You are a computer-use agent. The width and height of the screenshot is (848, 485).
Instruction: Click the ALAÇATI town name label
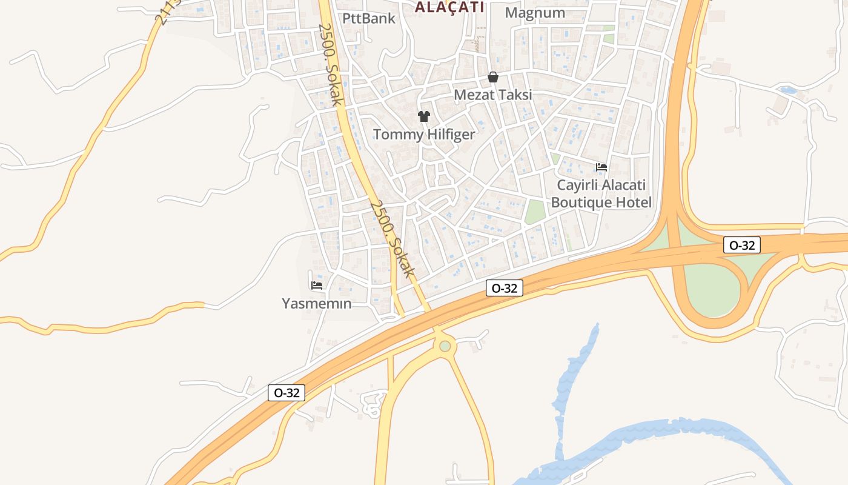pyautogui.click(x=449, y=7)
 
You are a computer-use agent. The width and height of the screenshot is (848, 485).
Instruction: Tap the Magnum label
pyautogui.click(x=535, y=13)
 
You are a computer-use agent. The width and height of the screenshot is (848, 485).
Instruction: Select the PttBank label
pyautogui.click(x=369, y=18)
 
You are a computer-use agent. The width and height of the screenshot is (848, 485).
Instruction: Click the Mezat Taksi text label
pyautogui.click(x=493, y=95)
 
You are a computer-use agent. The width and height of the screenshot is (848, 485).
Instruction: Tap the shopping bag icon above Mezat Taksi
pyautogui.click(x=493, y=78)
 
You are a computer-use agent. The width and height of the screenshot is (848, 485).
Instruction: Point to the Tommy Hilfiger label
pyautogui.click(x=424, y=135)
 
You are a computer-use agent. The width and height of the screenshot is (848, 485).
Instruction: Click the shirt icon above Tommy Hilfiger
pyautogui.click(x=424, y=116)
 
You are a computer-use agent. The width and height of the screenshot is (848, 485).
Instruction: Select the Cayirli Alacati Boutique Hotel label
pyautogui.click(x=601, y=194)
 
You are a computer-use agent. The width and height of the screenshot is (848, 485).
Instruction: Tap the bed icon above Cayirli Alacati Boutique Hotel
pyautogui.click(x=601, y=167)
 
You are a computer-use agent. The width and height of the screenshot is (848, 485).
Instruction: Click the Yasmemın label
pyautogui.click(x=317, y=303)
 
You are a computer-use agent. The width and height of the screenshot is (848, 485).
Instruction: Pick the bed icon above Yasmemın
pyautogui.click(x=317, y=285)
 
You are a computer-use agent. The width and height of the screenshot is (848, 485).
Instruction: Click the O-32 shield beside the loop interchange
pyautogui.click(x=742, y=245)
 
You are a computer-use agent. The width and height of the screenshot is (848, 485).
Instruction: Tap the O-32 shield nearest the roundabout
pyautogui.click(x=504, y=289)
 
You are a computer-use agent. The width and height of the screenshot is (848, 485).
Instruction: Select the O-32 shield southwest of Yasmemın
pyautogui.click(x=287, y=393)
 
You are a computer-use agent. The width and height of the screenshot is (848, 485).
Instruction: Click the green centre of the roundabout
pyautogui.click(x=445, y=346)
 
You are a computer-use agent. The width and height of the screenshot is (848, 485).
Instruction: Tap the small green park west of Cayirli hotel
pyautogui.click(x=535, y=212)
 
